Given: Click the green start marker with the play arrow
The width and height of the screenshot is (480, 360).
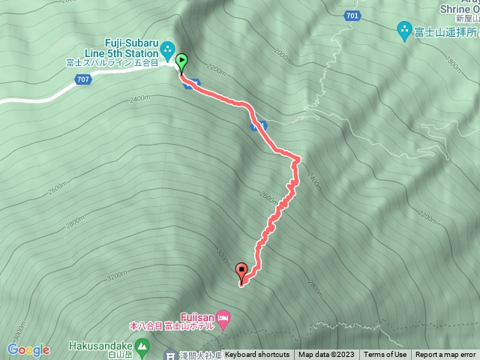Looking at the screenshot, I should [x=181, y=61].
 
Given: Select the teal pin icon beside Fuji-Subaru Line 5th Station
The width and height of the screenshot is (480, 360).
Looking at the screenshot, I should [x=168, y=48].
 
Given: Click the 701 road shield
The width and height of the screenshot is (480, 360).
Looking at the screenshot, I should [x=352, y=15].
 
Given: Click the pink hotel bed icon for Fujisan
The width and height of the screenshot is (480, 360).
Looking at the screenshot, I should [x=222, y=316].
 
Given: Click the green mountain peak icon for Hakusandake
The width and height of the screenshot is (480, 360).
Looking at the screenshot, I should [x=145, y=346].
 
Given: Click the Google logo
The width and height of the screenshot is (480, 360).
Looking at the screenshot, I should [x=28, y=349].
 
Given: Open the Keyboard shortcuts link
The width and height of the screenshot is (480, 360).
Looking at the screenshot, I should [x=257, y=355].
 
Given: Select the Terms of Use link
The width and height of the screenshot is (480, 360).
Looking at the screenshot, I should [x=386, y=355].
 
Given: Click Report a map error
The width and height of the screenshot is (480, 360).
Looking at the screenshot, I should [x=446, y=355].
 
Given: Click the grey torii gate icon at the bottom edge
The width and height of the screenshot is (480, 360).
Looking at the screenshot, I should [x=170, y=356].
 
